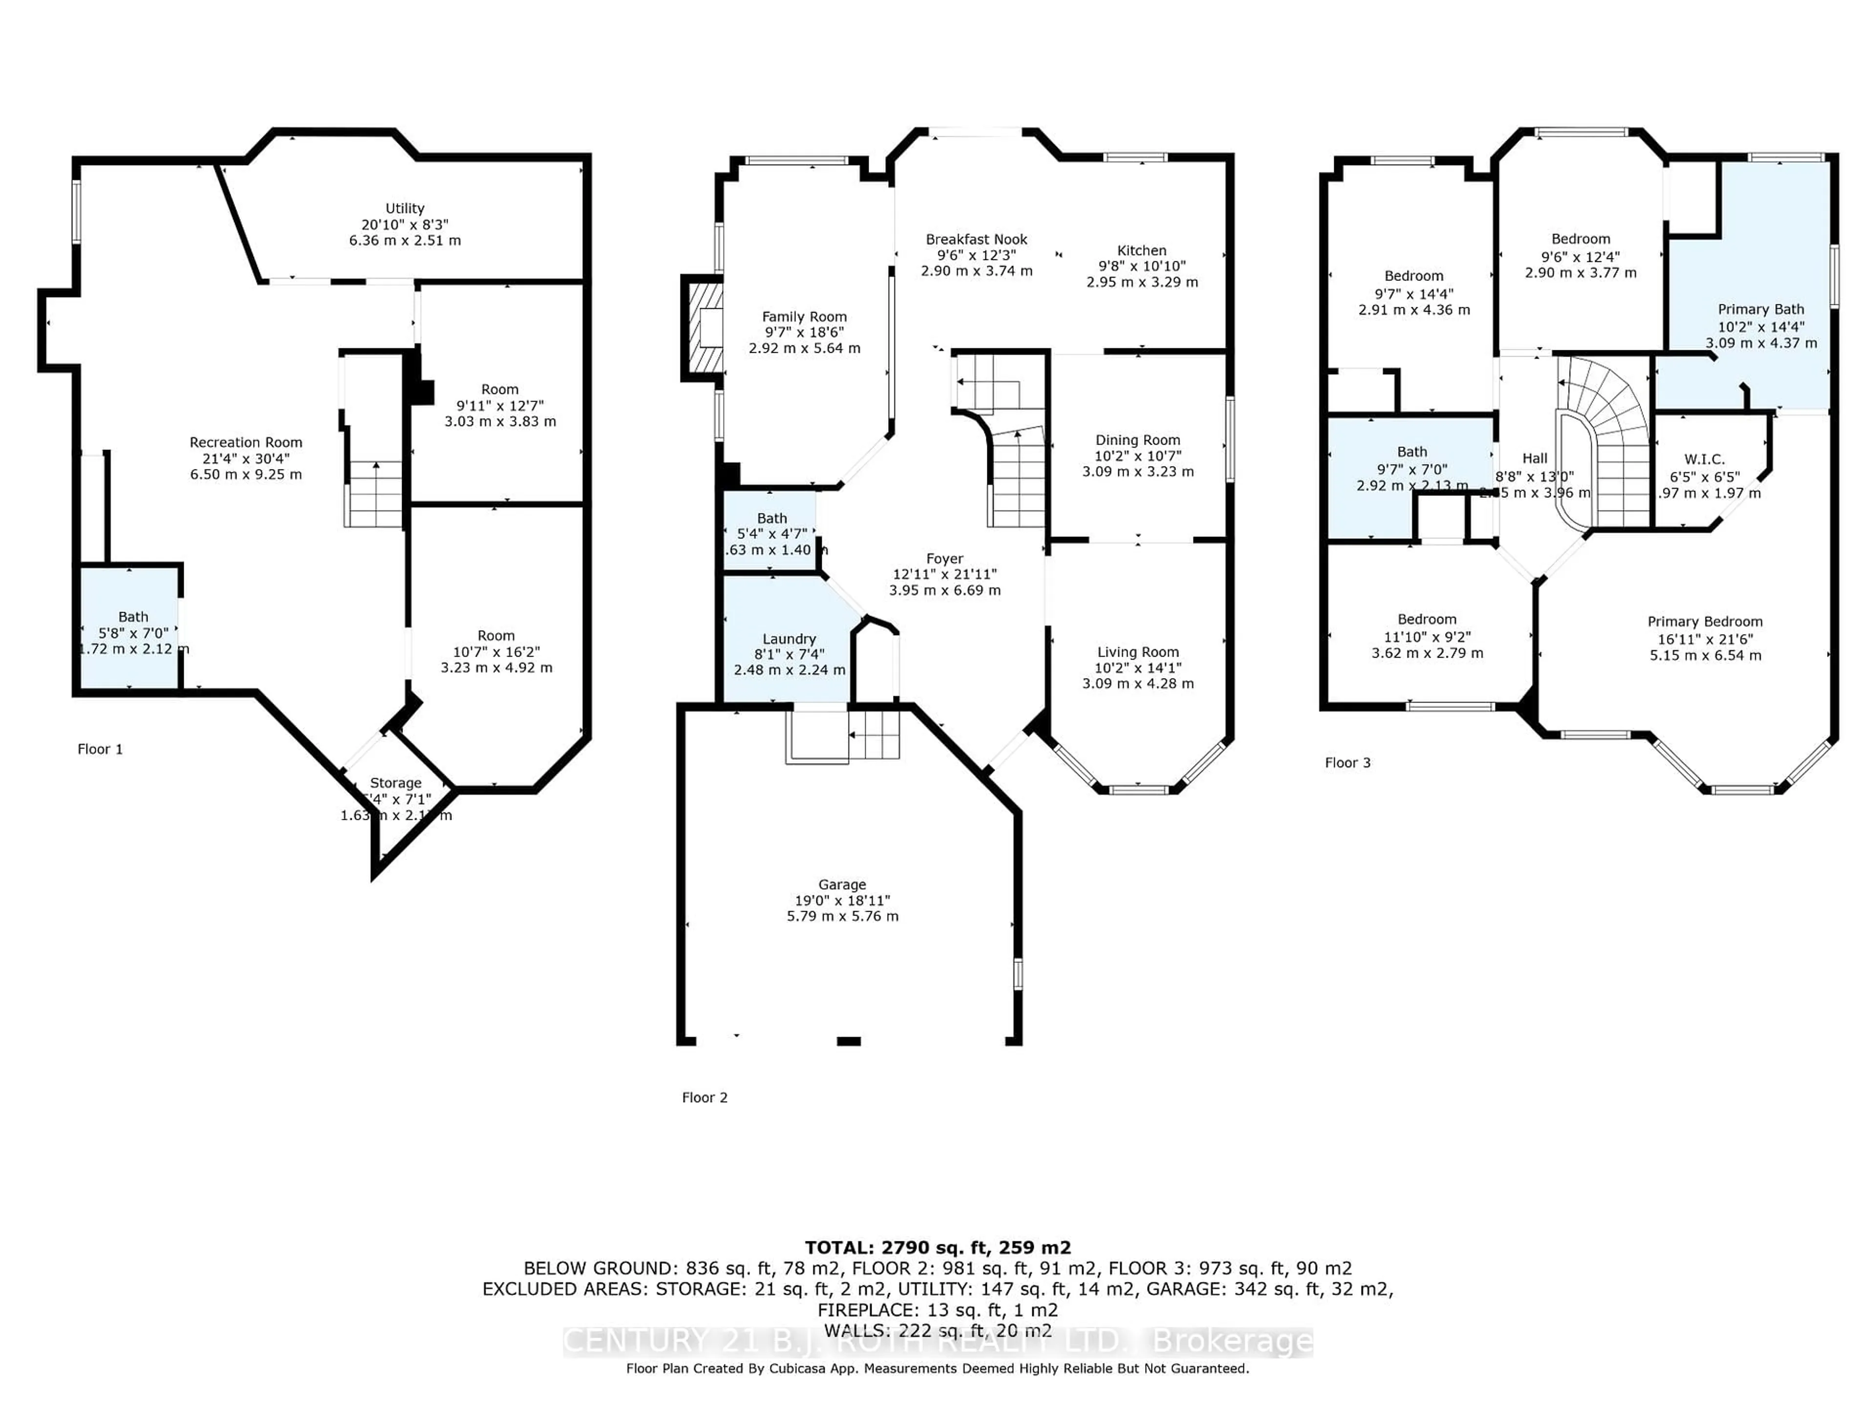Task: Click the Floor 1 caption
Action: coord(100,749)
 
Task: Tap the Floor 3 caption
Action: coord(1347,763)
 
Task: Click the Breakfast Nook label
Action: coord(976,240)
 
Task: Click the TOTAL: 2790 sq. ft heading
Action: coord(937,1248)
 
